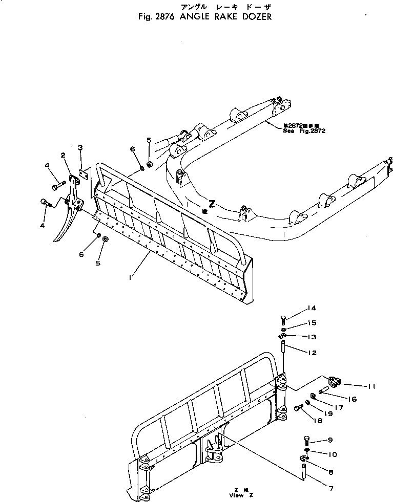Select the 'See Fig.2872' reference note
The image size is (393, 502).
coord(304,130)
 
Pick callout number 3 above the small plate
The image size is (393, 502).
coord(80,147)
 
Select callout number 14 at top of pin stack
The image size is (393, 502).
coord(312,308)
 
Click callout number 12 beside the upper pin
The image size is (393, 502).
coord(312,353)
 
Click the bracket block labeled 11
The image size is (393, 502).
coord(334,381)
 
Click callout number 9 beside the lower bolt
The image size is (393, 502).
coord(330,440)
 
